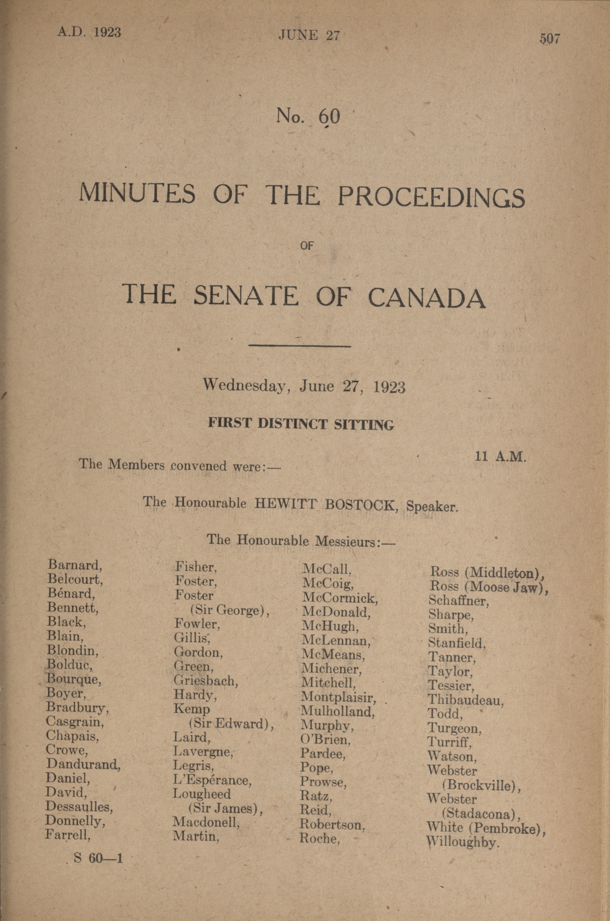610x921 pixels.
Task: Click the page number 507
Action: (x=549, y=39)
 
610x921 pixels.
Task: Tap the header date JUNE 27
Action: (x=309, y=36)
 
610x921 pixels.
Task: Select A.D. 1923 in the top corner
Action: (x=89, y=32)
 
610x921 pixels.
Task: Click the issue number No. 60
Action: (x=308, y=116)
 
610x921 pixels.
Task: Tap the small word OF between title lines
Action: (x=307, y=246)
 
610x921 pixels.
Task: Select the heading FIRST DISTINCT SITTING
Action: (x=301, y=424)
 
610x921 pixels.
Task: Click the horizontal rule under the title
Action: (x=300, y=345)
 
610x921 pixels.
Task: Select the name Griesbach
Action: (x=206, y=681)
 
